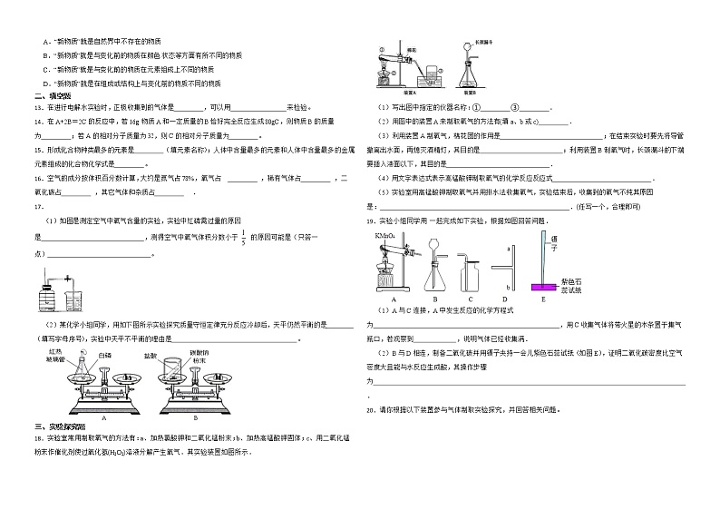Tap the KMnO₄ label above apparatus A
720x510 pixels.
click(x=384, y=235)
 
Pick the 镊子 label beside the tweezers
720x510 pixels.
click(x=552, y=240)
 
